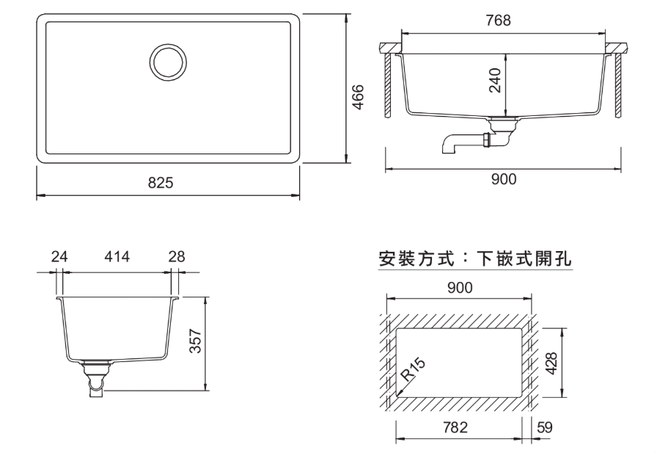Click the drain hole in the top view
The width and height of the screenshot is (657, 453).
168,61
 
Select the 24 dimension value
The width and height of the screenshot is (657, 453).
59,257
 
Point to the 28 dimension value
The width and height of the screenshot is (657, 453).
176,257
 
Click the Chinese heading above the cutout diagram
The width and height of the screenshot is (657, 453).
474,259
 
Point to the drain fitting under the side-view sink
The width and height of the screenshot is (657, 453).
96,377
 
